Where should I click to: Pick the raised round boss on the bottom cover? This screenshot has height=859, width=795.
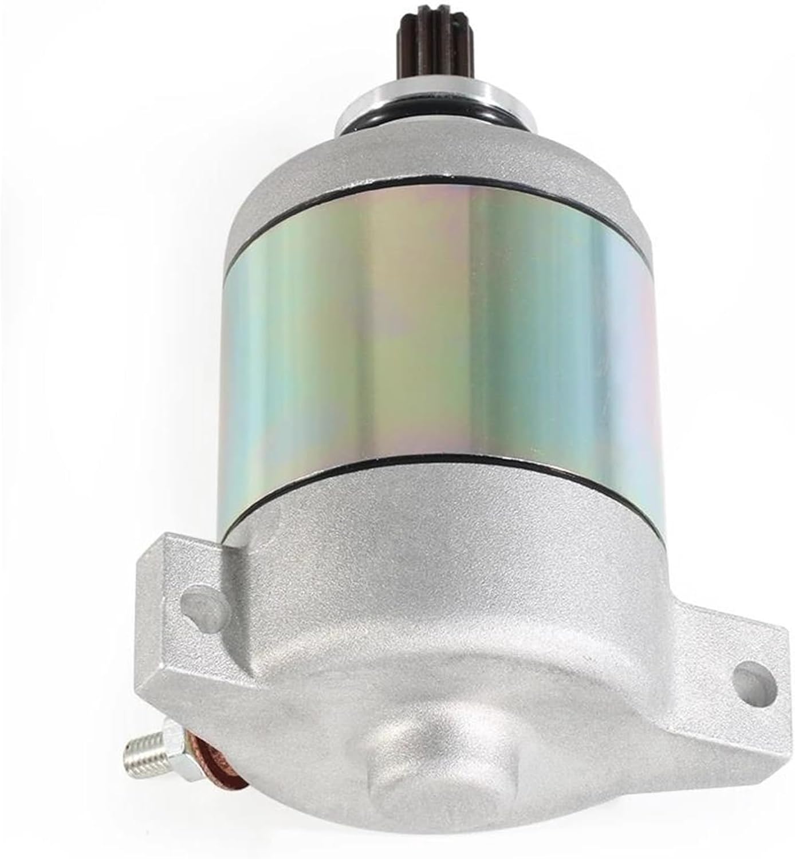click(441, 744)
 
